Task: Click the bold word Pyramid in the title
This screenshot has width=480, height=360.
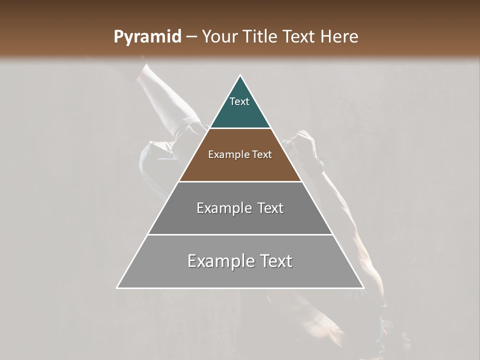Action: (147, 37)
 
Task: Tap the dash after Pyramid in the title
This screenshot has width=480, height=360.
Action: (191, 37)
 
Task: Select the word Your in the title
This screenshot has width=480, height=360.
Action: (219, 37)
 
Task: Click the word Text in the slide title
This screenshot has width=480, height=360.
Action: (299, 37)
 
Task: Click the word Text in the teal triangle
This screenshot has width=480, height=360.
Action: (239, 101)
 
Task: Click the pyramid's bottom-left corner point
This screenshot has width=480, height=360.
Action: (117, 287)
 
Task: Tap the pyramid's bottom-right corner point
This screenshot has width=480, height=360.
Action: (363, 287)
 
